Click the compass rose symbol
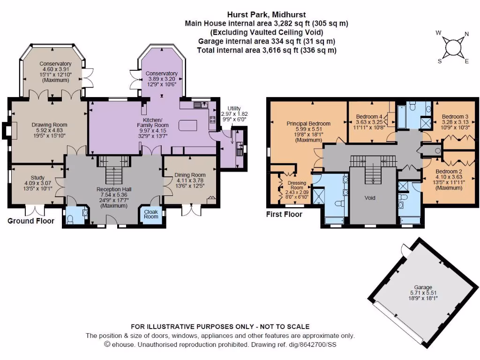(x=453, y=47)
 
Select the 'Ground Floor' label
(x=31, y=221)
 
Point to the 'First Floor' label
(x=284, y=214)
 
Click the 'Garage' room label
(x=423, y=287)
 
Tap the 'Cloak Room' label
(x=151, y=214)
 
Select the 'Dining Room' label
(x=190, y=175)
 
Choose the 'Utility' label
(x=234, y=108)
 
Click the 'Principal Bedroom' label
(x=308, y=124)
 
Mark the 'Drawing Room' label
(x=49, y=125)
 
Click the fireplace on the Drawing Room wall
(x=6, y=131)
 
